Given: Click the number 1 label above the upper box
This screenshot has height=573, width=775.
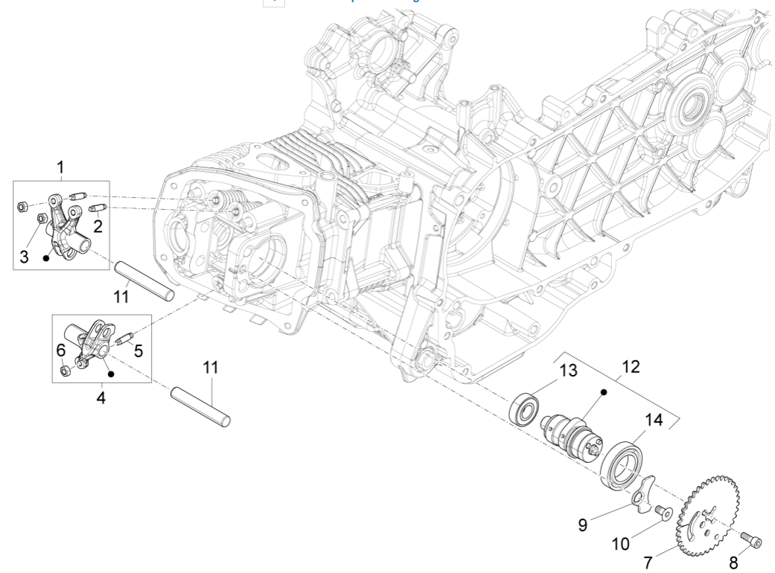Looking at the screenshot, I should pos(61,169).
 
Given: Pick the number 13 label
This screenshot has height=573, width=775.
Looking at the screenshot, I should pos(568,370).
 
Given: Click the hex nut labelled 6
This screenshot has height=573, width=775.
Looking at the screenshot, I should pos(65,370).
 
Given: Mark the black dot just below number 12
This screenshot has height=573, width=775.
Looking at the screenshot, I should pos(605,391).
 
